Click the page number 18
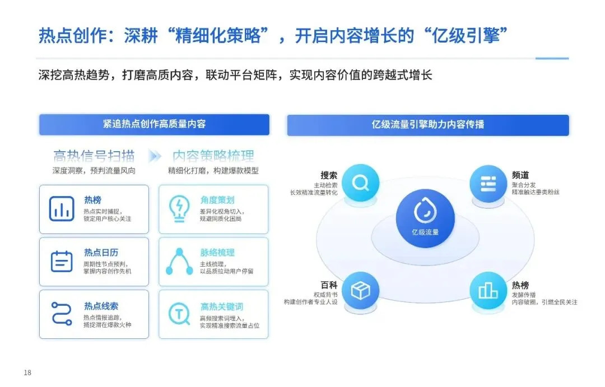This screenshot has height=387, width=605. [27, 373]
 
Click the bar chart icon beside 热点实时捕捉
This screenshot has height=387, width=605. [62, 209]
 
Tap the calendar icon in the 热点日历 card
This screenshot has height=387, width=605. [62, 262]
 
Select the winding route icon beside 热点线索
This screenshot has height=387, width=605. [62, 314]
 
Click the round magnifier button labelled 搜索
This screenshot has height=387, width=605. [360, 183]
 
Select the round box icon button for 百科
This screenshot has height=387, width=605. [360, 291]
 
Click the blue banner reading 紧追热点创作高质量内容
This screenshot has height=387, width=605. [154, 124]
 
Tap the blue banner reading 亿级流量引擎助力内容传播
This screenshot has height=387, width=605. [428, 125]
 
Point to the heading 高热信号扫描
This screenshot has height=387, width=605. [94, 156]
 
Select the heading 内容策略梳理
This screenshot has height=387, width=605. [213, 156]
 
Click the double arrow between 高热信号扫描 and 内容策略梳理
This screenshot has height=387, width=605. [154, 156]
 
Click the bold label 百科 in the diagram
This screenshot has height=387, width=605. [329, 285]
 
